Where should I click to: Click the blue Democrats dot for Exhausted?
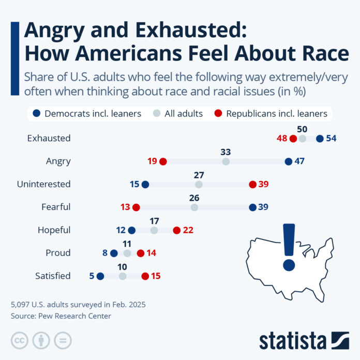320,138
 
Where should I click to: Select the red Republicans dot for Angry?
163,161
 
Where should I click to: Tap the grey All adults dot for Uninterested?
199,184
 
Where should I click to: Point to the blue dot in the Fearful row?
252,207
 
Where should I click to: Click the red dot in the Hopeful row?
176,230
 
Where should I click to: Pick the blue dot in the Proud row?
114,253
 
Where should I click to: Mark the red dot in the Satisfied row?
145,276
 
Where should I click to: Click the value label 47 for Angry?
299,161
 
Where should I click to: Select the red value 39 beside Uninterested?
263,184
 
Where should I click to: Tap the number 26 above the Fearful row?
194,198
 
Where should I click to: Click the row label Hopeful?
54,230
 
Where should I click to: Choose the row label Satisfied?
53,276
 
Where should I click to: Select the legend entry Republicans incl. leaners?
277,113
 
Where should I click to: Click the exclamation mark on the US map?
289,246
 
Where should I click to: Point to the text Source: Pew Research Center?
61,316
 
